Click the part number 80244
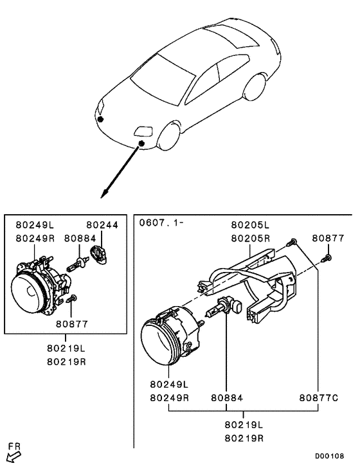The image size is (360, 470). point(102,225)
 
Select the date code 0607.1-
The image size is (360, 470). point(161,223)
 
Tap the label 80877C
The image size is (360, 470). point(319,398)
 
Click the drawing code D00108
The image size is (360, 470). point(329,456)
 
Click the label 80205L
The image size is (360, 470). point(250,225)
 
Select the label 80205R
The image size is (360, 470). point(250,239)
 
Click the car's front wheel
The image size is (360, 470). point(169,135)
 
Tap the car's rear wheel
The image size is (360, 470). point(255,87)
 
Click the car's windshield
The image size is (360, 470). point(163,80)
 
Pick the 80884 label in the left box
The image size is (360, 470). point(80,239)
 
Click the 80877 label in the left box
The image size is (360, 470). point(72,324)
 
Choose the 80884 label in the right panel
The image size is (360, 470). point(227,398)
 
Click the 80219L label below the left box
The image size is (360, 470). point(66,348)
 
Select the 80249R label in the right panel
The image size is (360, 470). point(169,398)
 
